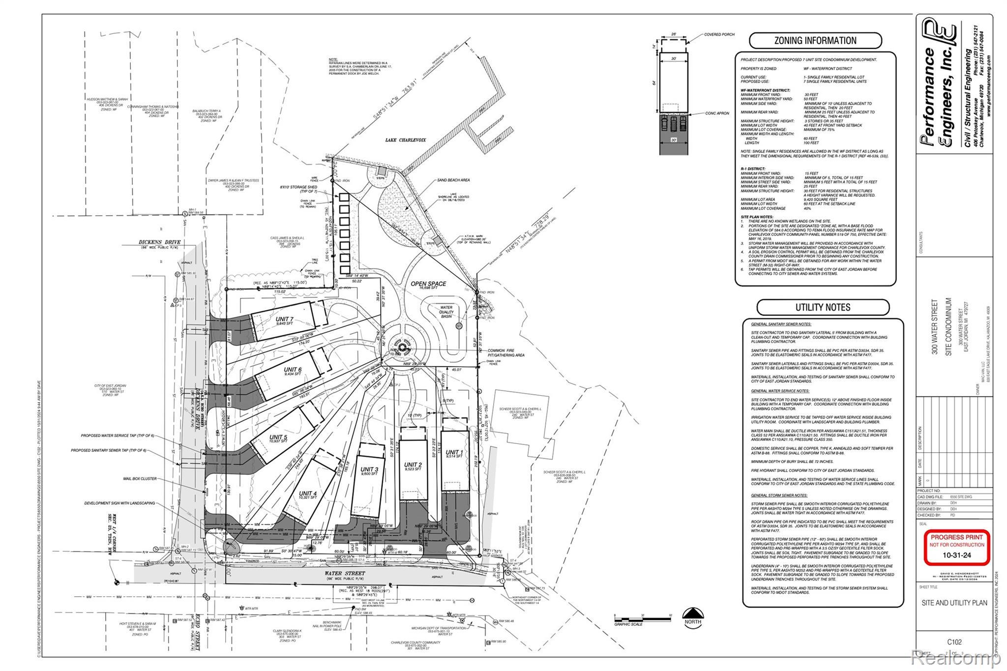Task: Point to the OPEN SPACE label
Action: [x=429, y=284]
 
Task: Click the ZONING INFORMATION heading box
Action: [x=815, y=40]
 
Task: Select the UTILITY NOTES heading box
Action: [x=823, y=307]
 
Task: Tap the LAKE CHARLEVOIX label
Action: [x=405, y=140]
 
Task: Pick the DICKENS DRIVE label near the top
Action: [x=159, y=242]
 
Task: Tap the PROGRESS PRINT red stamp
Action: [x=956, y=547]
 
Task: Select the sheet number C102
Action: [x=954, y=642]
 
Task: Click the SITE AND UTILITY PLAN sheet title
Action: [x=954, y=603]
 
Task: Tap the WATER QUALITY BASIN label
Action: [x=446, y=312]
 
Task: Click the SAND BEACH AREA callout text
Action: [x=453, y=180]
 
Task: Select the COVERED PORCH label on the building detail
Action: [x=719, y=34]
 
